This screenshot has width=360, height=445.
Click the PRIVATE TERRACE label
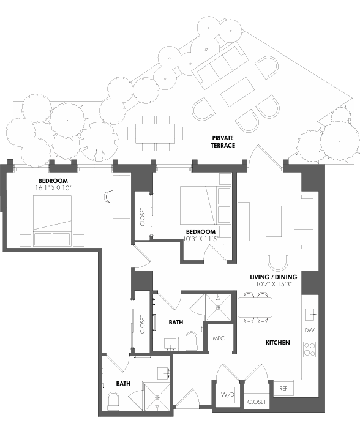pyautogui.click(x=223, y=141)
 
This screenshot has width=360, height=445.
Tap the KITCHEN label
pyautogui.click(x=277, y=342)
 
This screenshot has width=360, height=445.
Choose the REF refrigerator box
pyautogui.click(x=283, y=389)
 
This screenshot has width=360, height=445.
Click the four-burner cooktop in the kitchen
pyautogui.click(x=310, y=350)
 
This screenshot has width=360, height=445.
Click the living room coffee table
pyautogui.click(x=273, y=220)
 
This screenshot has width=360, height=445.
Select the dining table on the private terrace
pyautogui.click(x=156, y=133)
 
